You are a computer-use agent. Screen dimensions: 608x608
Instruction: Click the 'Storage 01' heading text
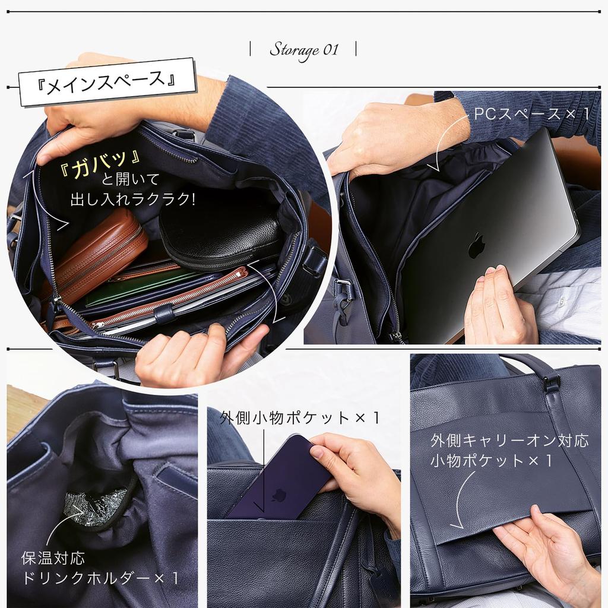[303, 49]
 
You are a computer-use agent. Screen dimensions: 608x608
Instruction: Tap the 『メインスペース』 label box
[107, 82]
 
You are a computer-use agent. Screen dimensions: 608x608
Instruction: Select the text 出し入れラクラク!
[132, 198]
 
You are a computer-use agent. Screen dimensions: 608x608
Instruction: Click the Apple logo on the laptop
[476, 245]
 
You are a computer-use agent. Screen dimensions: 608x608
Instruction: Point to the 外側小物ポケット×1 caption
[299, 418]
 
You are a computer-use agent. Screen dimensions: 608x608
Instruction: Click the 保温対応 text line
[53, 558]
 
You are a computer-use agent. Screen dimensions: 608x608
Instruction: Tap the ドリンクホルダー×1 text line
[101, 578]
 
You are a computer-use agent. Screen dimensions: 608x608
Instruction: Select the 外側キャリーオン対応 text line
[509, 441]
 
